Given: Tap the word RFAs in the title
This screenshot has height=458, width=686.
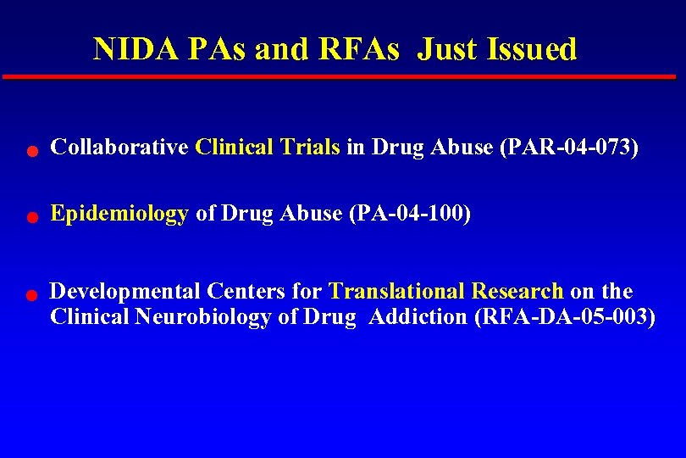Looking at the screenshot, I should (x=358, y=49).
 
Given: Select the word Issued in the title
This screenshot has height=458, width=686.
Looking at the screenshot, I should (x=532, y=49).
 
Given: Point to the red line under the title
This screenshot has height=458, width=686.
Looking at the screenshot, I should (x=339, y=76).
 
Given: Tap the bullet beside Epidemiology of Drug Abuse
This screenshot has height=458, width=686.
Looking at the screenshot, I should (x=30, y=218).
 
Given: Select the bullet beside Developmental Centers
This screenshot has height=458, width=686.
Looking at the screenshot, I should (x=30, y=296).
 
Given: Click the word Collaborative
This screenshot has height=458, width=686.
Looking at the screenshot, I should (x=119, y=148).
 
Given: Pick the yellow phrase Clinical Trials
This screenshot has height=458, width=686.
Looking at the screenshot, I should (x=267, y=148).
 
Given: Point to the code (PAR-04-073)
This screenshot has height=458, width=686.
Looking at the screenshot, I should (x=568, y=148).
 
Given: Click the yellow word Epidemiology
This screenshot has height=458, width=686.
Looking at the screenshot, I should (x=119, y=215).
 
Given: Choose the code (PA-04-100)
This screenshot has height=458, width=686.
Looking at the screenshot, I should (x=409, y=214).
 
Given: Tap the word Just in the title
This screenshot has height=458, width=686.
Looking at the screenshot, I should (x=448, y=49).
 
